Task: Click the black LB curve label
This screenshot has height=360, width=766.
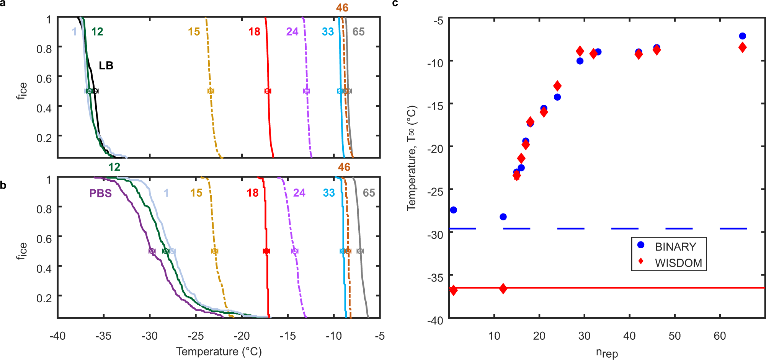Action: tap(106, 66)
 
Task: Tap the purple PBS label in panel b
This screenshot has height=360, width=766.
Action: tap(100, 193)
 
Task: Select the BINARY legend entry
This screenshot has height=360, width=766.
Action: tap(675, 247)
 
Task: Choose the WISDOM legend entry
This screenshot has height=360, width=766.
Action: tap(678, 263)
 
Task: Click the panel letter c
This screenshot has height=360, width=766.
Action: tap(395, 3)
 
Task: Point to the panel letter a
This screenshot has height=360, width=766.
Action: tap(3, 3)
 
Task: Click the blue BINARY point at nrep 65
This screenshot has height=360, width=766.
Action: tap(742, 36)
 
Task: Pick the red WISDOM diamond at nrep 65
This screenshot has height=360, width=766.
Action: tap(742, 48)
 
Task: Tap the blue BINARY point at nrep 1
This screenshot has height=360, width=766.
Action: tap(454, 210)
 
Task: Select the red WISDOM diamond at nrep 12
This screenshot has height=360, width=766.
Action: tap(503, 289)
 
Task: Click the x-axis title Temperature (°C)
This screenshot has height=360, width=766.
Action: tap(219, 352)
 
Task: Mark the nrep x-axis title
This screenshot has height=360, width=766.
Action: tap(607, 352)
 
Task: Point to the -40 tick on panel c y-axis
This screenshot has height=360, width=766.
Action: tap(435, 320)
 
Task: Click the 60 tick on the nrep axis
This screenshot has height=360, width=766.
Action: tap(720, 336)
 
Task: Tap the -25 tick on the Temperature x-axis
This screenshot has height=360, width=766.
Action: tap(196, 336)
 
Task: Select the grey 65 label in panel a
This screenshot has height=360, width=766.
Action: tap(358, 32)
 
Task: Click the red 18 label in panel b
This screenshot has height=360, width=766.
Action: tap(253, 193)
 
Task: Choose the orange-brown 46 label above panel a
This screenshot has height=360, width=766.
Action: tap(342, 8)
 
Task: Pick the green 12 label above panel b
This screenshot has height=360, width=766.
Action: tap(114, 167)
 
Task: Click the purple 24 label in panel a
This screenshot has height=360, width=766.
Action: tap(292, 32)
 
